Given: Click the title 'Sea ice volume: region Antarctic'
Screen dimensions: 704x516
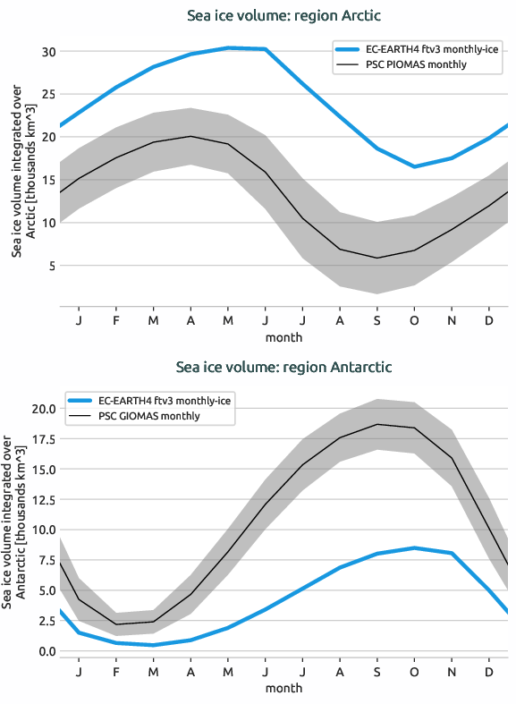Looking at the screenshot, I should point(283,367).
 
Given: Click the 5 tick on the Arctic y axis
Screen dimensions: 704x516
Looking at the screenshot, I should point(52,266).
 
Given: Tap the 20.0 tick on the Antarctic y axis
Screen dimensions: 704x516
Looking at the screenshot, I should point(44,409).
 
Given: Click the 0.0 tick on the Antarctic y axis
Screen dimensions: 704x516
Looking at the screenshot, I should point(47,651).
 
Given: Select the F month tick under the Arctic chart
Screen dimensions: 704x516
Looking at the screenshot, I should point(116,319).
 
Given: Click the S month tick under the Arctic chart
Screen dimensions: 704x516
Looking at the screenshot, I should point(376,319).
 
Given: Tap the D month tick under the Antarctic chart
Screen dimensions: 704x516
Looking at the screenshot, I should point(488,671).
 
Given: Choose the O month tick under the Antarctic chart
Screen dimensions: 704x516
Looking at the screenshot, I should point(414,671).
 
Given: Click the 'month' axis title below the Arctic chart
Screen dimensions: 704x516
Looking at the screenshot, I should point(283,338).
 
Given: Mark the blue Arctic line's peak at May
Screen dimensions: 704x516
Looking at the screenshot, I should point(227,47).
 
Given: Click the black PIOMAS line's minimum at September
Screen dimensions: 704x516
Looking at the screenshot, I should point(376,258).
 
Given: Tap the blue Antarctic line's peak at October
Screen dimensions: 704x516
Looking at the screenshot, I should point(414,547).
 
